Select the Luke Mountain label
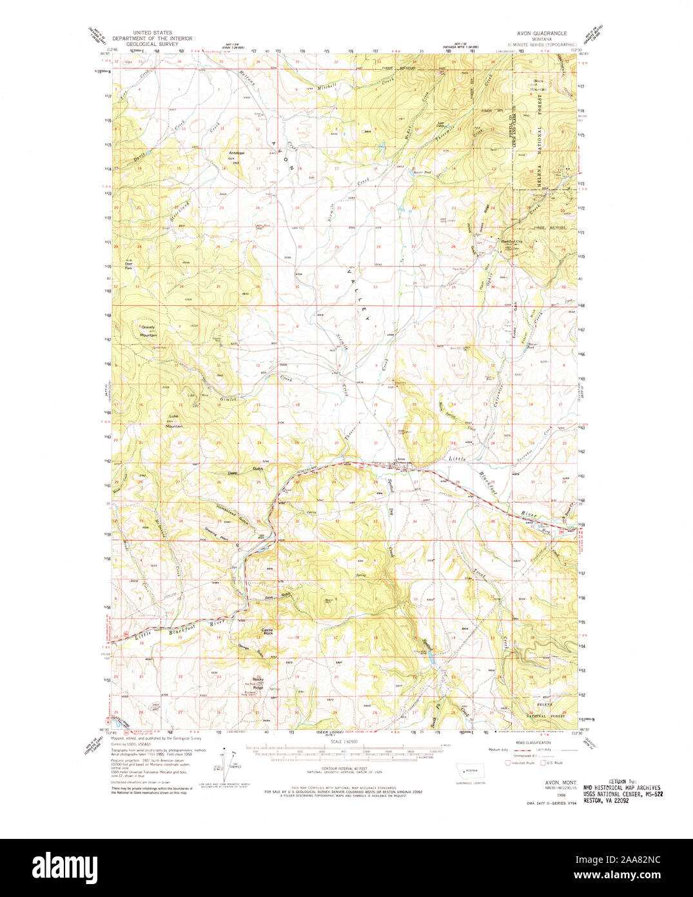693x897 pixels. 173,421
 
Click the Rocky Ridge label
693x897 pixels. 259,685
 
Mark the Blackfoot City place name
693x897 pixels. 515,242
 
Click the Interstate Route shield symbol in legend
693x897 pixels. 507,763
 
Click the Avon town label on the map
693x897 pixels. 401,459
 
